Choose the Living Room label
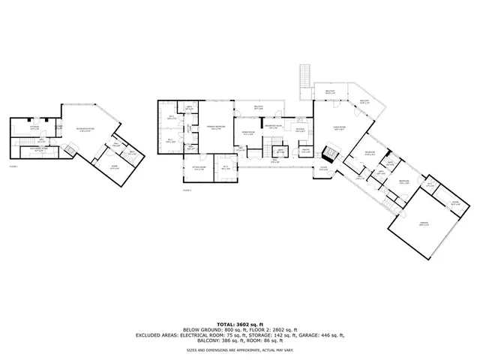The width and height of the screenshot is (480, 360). click(339, 128)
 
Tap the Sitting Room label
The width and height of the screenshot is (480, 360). click(199, 169)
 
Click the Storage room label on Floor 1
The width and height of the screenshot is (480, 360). click(34, 127)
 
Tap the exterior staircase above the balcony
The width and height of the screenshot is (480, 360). click(304, 76)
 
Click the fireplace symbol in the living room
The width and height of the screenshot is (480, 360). click(331, 155)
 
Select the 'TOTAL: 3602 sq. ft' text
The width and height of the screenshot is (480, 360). click(240, 322)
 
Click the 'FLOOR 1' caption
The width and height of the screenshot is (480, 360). click(13, 166)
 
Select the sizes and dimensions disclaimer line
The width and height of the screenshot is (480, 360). click(240, 349)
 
